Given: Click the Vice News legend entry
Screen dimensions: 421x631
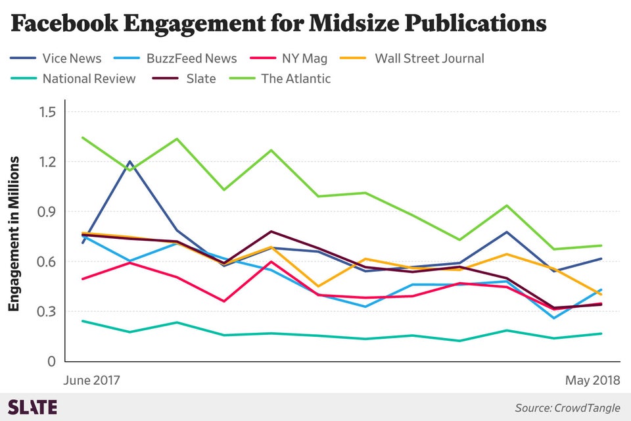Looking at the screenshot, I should coord(72,59).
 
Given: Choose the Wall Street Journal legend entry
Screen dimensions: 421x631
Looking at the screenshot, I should coord(429,59).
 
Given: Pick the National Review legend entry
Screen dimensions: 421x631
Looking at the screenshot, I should coord(89,79).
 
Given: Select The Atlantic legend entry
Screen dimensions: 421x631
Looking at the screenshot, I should coord(296,79).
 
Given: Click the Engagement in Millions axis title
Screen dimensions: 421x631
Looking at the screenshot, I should coord(14,234).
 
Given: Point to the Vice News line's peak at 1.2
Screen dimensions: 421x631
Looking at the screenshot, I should coord(129,161).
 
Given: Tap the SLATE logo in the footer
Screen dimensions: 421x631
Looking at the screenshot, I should coord(32,407).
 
